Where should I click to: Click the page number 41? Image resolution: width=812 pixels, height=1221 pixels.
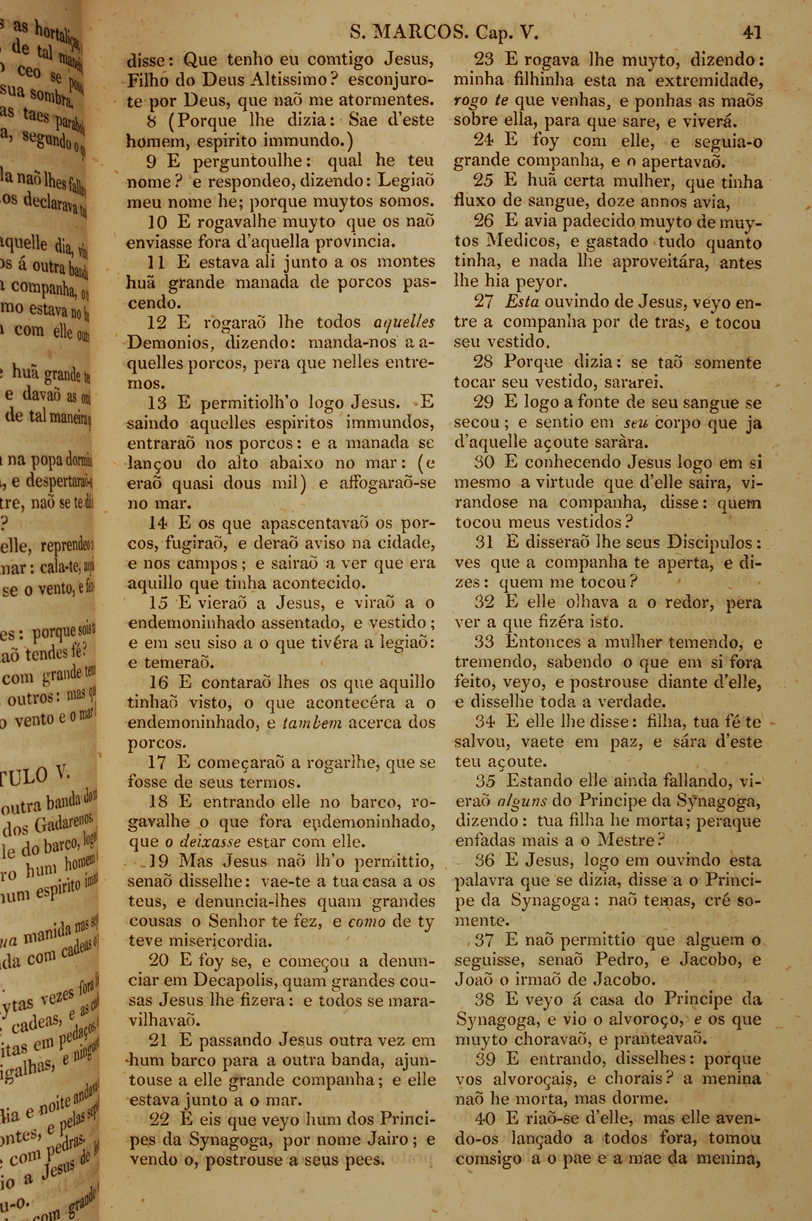coord(752,33)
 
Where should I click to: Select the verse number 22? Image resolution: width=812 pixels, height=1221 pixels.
coord(159,1119)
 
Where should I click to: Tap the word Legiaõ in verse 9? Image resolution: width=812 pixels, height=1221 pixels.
coord(406,181)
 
